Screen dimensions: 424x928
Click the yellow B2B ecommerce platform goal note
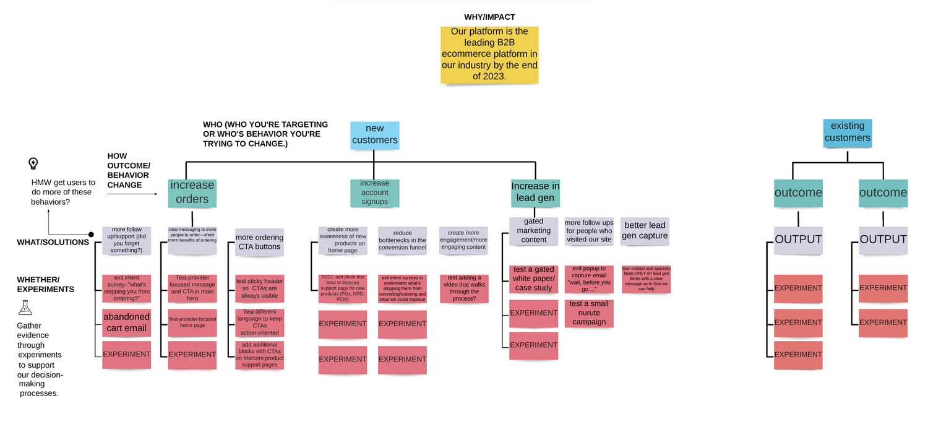point(489,54)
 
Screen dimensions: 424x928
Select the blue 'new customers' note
point(374,135)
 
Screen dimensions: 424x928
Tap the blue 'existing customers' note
point(847,132)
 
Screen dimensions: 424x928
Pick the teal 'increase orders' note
point(192,193)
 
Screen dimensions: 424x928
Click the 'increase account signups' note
point(374,193)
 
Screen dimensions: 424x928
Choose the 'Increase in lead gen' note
point(535,193)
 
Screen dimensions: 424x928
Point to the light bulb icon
point(33,163)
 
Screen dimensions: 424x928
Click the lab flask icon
point(25,308)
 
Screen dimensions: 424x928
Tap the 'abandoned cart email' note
point(126,322)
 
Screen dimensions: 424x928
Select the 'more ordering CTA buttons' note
point(259,242)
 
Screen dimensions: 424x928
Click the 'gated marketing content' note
point(533,231)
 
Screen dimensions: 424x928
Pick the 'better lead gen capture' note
point(645,231)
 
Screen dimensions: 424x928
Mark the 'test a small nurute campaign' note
point(588,313)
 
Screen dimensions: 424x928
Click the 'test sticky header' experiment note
point(259,288)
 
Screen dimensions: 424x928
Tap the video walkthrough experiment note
point(464,288)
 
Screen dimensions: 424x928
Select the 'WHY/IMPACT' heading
point(489,17)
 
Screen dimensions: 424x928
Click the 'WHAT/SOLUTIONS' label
point(53,242)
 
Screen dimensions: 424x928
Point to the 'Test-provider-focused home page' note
point(192,322)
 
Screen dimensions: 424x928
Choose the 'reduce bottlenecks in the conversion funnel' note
point(402,241)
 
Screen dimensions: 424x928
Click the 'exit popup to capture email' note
point(588,279)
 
